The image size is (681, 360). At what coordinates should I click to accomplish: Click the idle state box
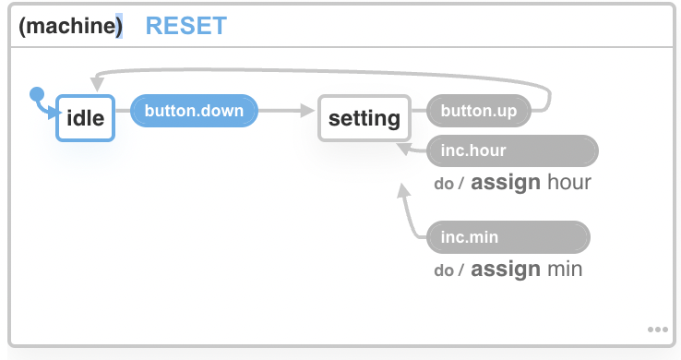(85, 118)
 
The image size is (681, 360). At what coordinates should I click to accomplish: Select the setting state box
(364, 118)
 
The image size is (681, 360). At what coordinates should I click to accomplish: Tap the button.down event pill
(194, 112)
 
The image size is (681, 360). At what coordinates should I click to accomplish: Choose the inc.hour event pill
(512, 150)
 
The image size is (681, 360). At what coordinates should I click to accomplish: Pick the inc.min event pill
(508, 237)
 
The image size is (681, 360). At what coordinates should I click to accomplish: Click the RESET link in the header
(186, 26)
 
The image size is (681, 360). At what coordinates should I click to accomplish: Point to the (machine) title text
(70, 26)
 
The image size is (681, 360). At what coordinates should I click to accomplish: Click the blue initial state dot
(37, 93)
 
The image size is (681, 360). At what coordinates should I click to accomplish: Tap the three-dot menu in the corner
(657, 329)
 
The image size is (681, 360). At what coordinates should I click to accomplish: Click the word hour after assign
(568, 183)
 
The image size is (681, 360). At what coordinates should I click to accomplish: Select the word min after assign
(564, 270)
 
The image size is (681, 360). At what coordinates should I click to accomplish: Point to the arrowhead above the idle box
(97, 85)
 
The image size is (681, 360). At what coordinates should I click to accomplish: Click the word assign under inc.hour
(505, 183)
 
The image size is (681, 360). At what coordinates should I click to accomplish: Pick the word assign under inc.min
(505, 270)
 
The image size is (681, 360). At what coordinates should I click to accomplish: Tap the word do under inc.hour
(444, 184)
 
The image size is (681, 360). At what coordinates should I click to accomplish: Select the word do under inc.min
(444, 270)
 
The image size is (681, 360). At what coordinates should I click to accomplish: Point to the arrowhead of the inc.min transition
(403, 191)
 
